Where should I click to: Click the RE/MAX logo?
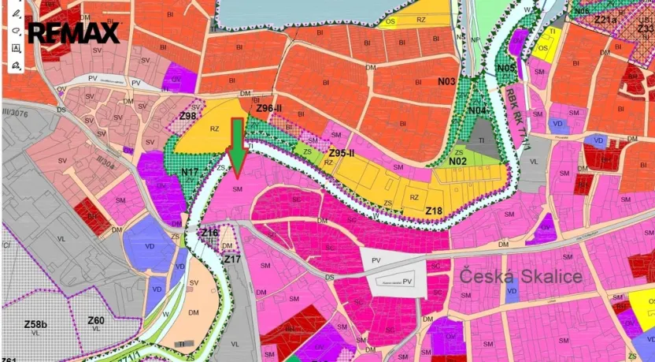coord(74,33)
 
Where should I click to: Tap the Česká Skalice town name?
coord(521,276)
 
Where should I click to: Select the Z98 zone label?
coord(187,117)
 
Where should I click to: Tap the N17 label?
coord(190,171)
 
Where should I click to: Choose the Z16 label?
coord(209,233)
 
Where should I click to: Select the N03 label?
coord(447,81)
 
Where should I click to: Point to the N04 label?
coord(478,110)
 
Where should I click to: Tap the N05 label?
coord(506,69)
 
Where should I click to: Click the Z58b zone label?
coord(35,323)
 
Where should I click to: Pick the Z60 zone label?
coord(95,320)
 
